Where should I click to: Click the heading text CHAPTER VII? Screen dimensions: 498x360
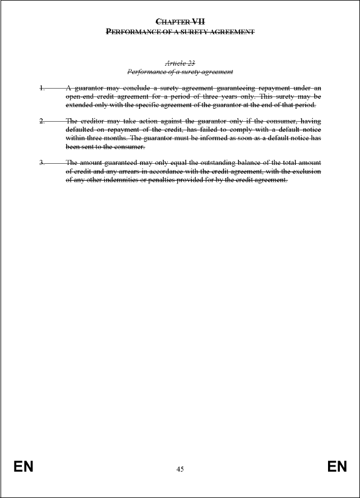(180, 21)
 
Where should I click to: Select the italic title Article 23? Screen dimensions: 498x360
(180, 63)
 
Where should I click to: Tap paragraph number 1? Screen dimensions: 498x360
(41, 88)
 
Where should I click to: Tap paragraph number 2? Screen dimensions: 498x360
(41, 121)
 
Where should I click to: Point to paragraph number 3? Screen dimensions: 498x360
(41, 163)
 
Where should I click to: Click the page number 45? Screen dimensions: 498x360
(180, 469)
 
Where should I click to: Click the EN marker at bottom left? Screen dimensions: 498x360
(24, 467)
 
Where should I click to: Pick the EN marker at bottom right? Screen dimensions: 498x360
(337, 467)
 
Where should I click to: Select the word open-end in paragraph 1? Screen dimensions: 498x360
(79, 96)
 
